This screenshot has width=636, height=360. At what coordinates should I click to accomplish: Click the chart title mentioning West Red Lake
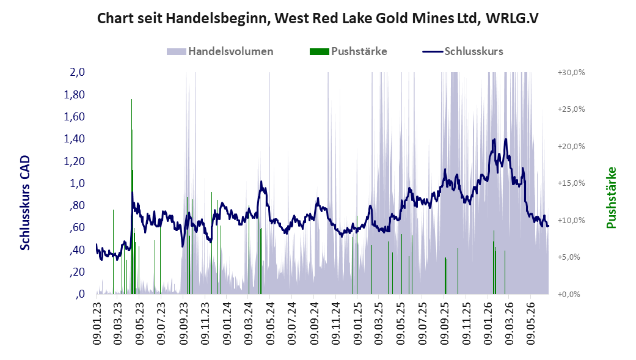click(318, 18)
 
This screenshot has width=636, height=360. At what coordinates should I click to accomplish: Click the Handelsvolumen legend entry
click(220, 51)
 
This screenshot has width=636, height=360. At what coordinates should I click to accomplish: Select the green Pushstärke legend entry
click(348, 51)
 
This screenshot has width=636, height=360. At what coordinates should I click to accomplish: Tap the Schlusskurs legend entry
click(463, 51)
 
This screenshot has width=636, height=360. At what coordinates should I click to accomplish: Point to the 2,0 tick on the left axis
click(78, 72)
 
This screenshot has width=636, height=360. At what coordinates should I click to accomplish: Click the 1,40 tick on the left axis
click(74, 139)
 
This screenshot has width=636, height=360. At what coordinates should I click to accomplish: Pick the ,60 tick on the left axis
click(78, 227)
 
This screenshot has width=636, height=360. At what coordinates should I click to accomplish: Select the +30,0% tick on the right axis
click(571, 73)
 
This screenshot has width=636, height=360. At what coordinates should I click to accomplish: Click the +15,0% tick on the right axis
click(571, 183)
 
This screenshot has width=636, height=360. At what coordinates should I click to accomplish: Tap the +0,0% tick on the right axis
click(569, 294)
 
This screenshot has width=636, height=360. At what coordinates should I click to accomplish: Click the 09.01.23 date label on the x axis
click(97, 323)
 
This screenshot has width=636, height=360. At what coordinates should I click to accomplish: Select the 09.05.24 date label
click(270, 323)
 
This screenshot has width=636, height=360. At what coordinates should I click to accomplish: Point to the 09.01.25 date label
click(357, 323)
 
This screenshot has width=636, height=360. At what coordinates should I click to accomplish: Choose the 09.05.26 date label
click(532, 323)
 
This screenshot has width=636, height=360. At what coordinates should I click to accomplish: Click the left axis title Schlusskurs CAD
click(25, 202)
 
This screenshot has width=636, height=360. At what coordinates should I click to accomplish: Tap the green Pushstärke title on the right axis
click(612, 197)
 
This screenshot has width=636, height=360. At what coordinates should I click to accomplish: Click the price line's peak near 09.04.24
click(261, 182)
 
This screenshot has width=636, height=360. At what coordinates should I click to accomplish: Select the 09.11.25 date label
click(466, 323)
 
